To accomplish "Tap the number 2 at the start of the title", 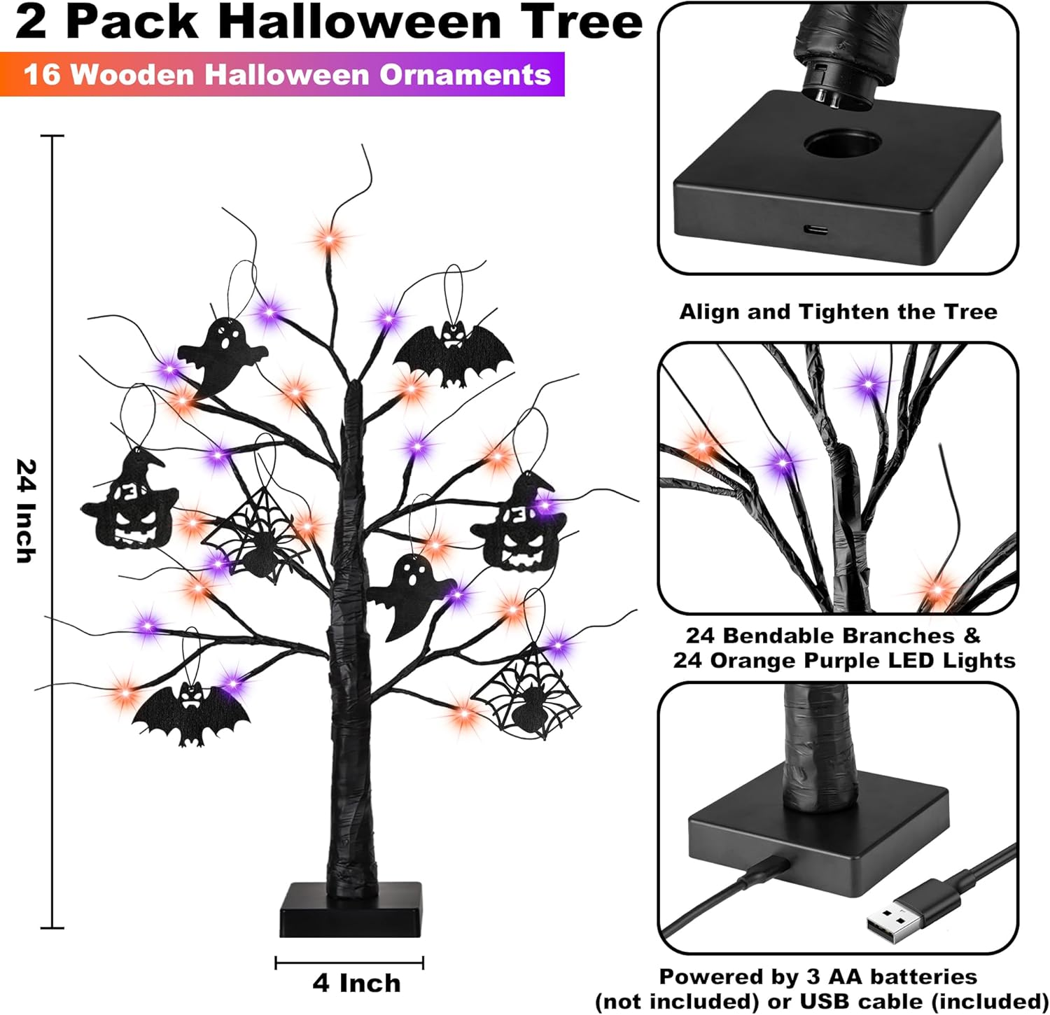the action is pos(31,22).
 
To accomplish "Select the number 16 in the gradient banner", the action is pos(42,74).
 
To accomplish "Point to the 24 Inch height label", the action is pos(25,511).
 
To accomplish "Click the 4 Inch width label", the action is pos(356,983).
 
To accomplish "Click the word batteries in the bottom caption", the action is pos(909,976).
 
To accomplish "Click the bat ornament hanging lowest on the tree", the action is pos(191,714).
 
